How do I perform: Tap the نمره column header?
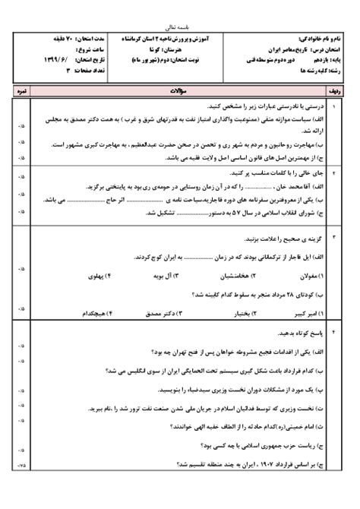tap(21, 90)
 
